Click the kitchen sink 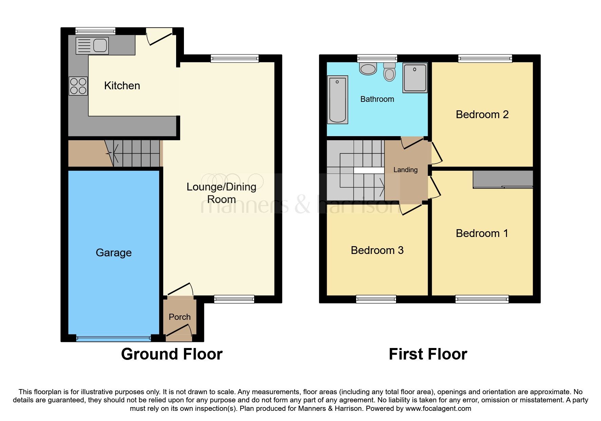click(x=92, y=45)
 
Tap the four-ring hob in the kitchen click(x=78, y=86)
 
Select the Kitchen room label click(x=122, y=86)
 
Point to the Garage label click(x=114, y=253)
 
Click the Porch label click(x=180, y=317)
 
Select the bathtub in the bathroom click(x=338, y=99)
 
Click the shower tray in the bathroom click(x=415, y=77)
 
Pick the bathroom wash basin click(x=368, y=69)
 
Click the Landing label click(x=405, y=170)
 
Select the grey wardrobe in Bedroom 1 click(x=503, y=179)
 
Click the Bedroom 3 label click(x=377, y=250)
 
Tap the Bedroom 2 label click(x=482, y=114)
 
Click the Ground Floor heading click(x=172, y=354)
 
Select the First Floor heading click(x=428, y=354)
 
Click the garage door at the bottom click(x=113, y=338)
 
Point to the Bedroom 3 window click(x=376, y=299)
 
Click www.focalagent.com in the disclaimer click(x=438, y=408)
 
